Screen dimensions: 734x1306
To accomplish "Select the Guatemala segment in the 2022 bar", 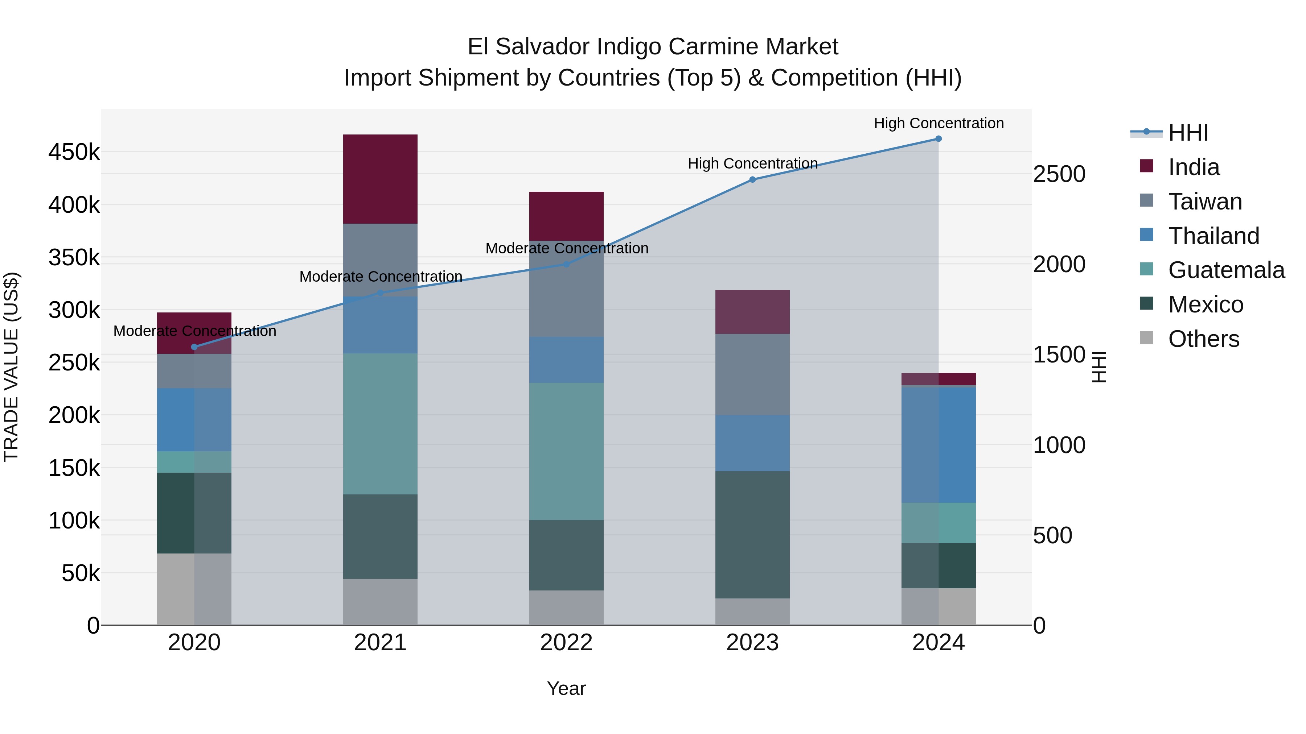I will (566, 451).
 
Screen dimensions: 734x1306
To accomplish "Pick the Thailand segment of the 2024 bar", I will (939, 444).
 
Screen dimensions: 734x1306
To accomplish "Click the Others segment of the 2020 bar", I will (194, 589).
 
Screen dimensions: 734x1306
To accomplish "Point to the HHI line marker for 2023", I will (752, 179).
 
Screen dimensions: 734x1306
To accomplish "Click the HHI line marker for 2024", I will (939, 139).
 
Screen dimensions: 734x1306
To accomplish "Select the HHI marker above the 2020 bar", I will (194, 347).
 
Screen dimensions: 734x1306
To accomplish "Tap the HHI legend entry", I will (1188, 133).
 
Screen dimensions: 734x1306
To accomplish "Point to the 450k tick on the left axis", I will (74, 152).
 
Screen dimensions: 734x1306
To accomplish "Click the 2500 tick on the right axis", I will (1059, 174).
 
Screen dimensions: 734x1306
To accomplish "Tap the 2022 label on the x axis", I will (566, 643).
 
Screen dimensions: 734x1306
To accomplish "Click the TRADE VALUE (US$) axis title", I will (11, 367).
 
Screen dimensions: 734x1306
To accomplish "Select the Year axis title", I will (566, 688).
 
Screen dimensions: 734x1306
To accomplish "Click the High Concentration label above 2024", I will (939, 123).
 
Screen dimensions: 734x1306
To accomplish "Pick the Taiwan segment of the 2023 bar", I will (752, 374).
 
